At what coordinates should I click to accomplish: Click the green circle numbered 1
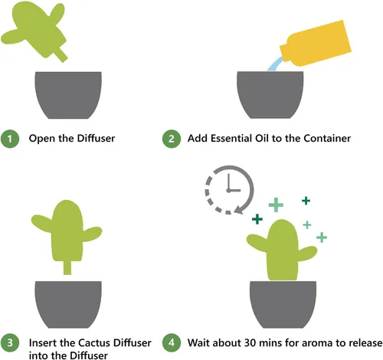click(x=10, y=139)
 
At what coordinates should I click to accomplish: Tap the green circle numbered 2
click(x=172, y=139)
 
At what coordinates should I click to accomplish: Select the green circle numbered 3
click(x=10, y=342)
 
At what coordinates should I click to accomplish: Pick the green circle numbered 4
click(x=172, y=342)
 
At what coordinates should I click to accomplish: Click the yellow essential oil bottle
click(x=316, y=44)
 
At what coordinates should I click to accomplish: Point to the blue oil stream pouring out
click(x=275, y=64)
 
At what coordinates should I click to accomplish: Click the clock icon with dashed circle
click(x=229, y=190)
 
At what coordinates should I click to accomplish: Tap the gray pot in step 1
click(x=68, y=95)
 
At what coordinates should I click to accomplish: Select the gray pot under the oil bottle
click(x=270, y=95)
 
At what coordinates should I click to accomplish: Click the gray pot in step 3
click(x=68, y=305)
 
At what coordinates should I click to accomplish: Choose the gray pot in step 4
click(x=283, y=305)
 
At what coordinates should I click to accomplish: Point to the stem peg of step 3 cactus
click(x=67, y=267)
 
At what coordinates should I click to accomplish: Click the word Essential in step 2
click(x=231, y=138)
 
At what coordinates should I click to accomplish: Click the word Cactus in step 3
click(x=94, y=342)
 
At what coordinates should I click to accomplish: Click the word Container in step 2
click(x=327, y=138)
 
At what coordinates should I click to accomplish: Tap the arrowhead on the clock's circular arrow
click(x=239, y=210)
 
